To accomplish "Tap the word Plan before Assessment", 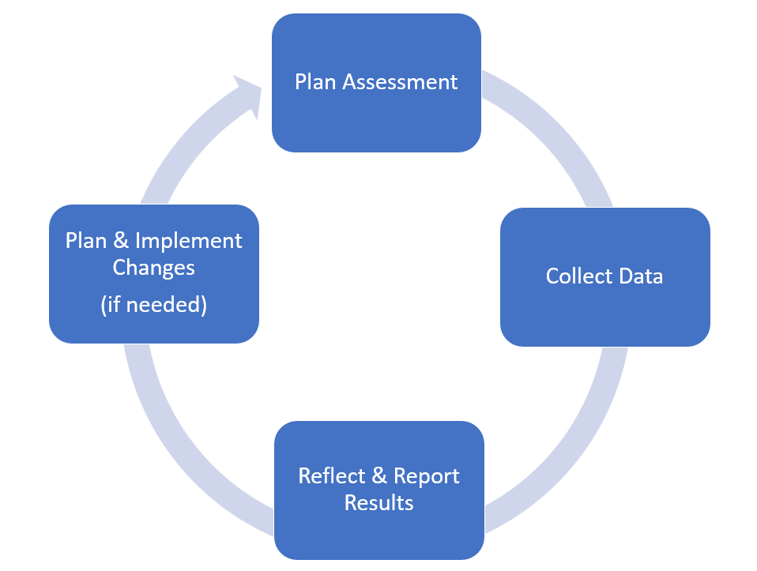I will tap(315, 82).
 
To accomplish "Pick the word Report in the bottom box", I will tap(426, 477).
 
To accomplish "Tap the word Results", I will tap(378, 503).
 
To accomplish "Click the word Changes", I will tap(153, 267).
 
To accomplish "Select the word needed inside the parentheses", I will tap(164, 306).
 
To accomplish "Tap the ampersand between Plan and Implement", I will tap(121, 241).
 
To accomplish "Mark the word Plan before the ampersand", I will tap(85, 241).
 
